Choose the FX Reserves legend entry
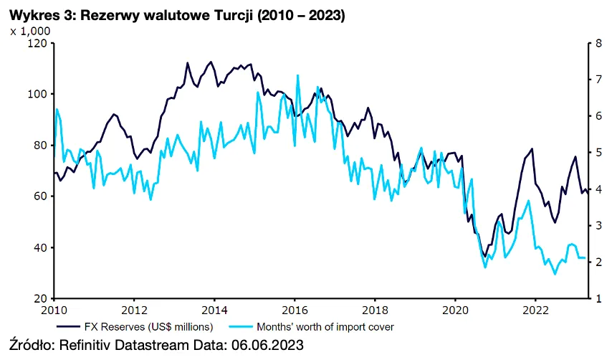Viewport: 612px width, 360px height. tap(135, 326)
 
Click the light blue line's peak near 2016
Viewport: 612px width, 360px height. tap(297, 75)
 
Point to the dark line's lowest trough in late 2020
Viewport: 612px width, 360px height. tap(485, 256)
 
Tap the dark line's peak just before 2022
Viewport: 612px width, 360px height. tap(532, 149)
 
